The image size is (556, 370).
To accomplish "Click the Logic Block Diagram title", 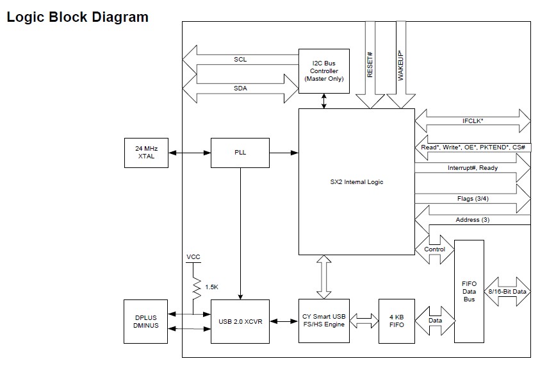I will click(x=78, y=17).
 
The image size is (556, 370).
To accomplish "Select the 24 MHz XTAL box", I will click(x=146, y=152).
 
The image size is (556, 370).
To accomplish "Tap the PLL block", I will click(x=240, y=153).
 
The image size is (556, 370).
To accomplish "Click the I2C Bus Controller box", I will click(x=324, y=70).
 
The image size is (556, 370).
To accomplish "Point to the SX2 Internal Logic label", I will click(x=357, y=182).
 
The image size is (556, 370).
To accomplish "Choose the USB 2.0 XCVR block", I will click(x=240, y=321).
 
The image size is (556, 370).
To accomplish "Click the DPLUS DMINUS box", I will click(x=146, y=321).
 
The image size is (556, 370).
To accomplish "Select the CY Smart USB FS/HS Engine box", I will click(x=324, y=321).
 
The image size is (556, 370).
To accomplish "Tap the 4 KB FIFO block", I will click(x=396, y=321).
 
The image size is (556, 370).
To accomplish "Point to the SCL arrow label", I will click(x=240, y=60).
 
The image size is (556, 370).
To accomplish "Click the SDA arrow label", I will click(x=240, y=88).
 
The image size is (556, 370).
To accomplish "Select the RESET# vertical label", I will click(x=370, y=64).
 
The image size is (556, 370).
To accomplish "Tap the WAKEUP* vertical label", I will click(x=401, y=64).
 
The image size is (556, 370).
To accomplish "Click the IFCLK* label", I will click(x=473, y=121).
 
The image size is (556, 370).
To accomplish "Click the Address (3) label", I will click(x=473, y=220).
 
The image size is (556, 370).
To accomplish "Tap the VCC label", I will click(x=193, y=256).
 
